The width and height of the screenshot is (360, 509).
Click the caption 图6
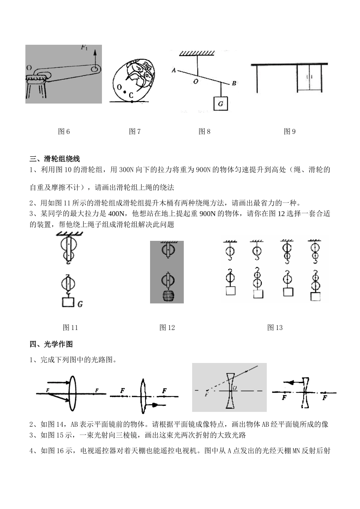pyautogui.click(x=64, y=132)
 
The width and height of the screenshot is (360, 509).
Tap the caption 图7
pyautogui.click(x=135, y=132)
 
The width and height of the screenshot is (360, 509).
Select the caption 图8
pyautogui.click(x=204, y=132)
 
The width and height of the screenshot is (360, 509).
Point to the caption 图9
pyautogui.click(x=290, y=132)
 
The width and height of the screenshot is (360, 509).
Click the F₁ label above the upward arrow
pyautogui.click(x=84, y=48)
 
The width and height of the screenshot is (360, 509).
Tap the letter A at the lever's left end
pyautogui.click(x=174, y=70)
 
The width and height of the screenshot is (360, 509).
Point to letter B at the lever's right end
pyautogui.click(x=234, y=83)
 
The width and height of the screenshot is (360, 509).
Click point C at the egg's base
pyautogui.click(x=131, y=96)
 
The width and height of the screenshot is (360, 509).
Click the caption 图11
pyautogui.click(x=70, y=327)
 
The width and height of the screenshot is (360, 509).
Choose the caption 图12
pyautogui.click(x=167, y=327)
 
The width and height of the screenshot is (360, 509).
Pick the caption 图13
pyautogui.click(x=275, y=327)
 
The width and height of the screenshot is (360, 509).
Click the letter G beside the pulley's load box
pyautogui.click(x=80, y=303)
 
